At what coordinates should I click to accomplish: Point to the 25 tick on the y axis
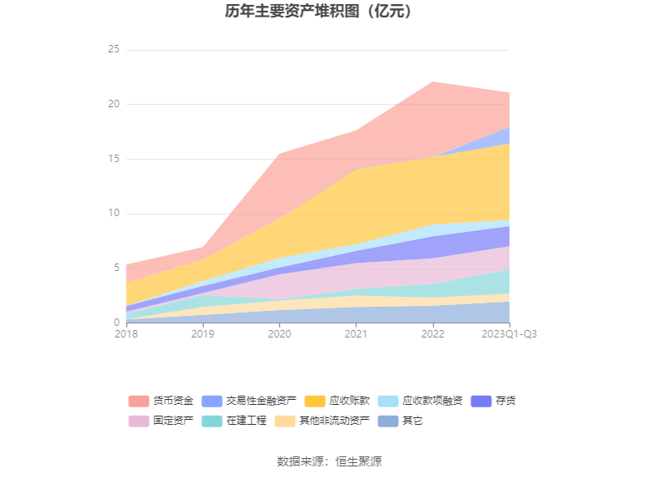coord(114,50)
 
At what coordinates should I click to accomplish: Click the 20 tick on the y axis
coord(114,105)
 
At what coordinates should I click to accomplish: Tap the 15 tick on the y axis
coord(114,159)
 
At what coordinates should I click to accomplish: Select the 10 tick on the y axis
coord(114,214)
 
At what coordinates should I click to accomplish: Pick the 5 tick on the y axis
coord(116,268)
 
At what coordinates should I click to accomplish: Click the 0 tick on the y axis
coord(116,323)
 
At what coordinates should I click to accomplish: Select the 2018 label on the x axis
coord(126,334)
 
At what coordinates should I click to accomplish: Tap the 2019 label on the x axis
coord(203,334)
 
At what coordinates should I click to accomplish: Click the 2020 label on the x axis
coord(279,334)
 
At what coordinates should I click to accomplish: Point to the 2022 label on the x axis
coord(432,334)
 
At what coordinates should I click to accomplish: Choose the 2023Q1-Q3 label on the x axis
coord(509,334)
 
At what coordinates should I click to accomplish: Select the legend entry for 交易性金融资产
coord(248,401)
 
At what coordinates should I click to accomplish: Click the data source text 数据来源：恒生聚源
coord(329,461)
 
